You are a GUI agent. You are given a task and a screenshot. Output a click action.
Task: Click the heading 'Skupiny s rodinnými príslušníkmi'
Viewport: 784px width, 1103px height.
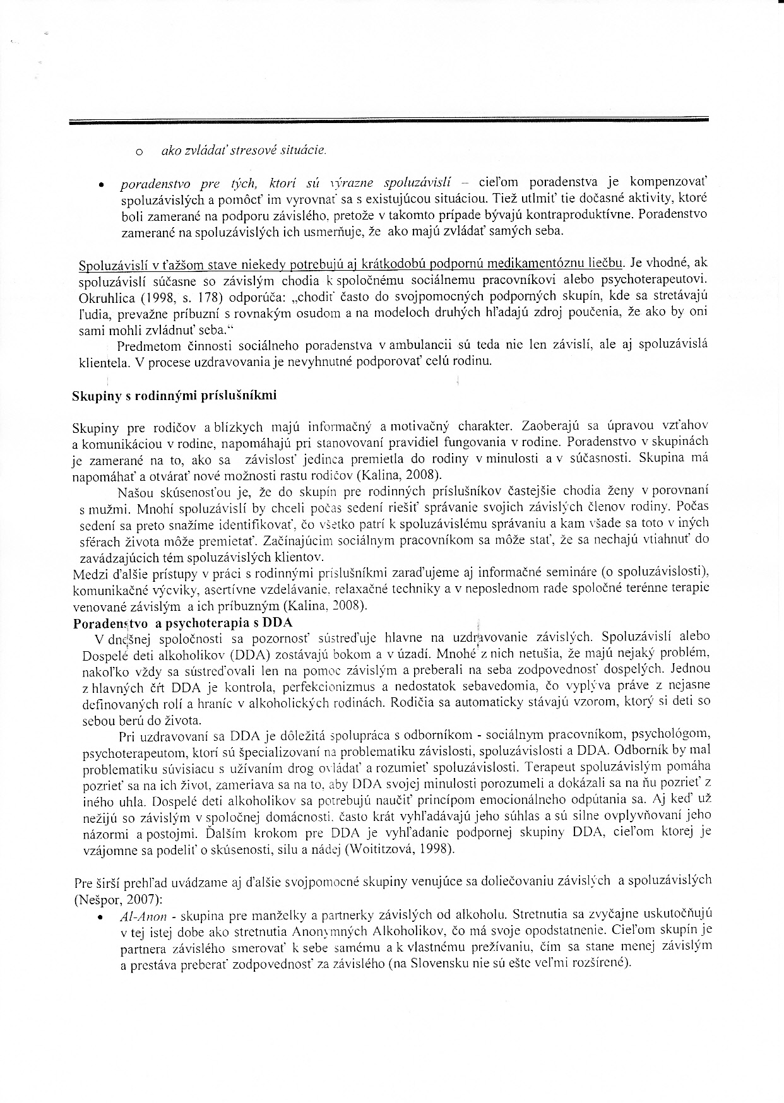[174, 396]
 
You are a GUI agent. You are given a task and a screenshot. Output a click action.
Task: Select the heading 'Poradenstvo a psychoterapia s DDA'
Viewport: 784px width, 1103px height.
[182, 623]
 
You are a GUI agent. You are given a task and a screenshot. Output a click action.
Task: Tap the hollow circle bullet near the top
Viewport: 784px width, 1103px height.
[138, 152]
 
